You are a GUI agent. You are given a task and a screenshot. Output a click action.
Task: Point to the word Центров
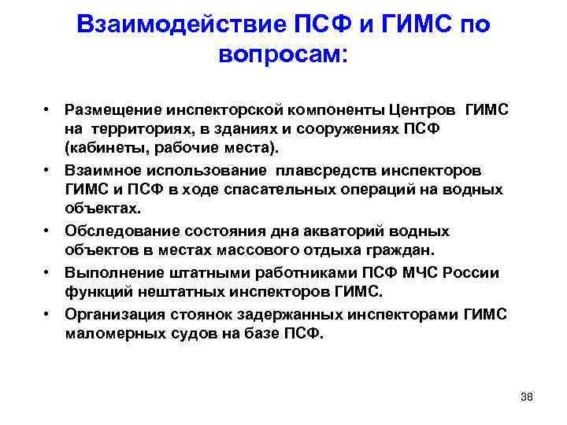coord(422,109)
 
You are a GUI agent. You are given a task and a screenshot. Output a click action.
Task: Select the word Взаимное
coord(102,170)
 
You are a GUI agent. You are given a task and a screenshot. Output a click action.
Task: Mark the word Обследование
coord(117,231)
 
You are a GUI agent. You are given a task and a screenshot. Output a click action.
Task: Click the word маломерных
coord(112,334)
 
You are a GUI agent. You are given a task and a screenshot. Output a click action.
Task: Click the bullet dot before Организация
coord(48,313)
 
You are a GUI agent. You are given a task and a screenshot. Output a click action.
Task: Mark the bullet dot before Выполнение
coord(48,272)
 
